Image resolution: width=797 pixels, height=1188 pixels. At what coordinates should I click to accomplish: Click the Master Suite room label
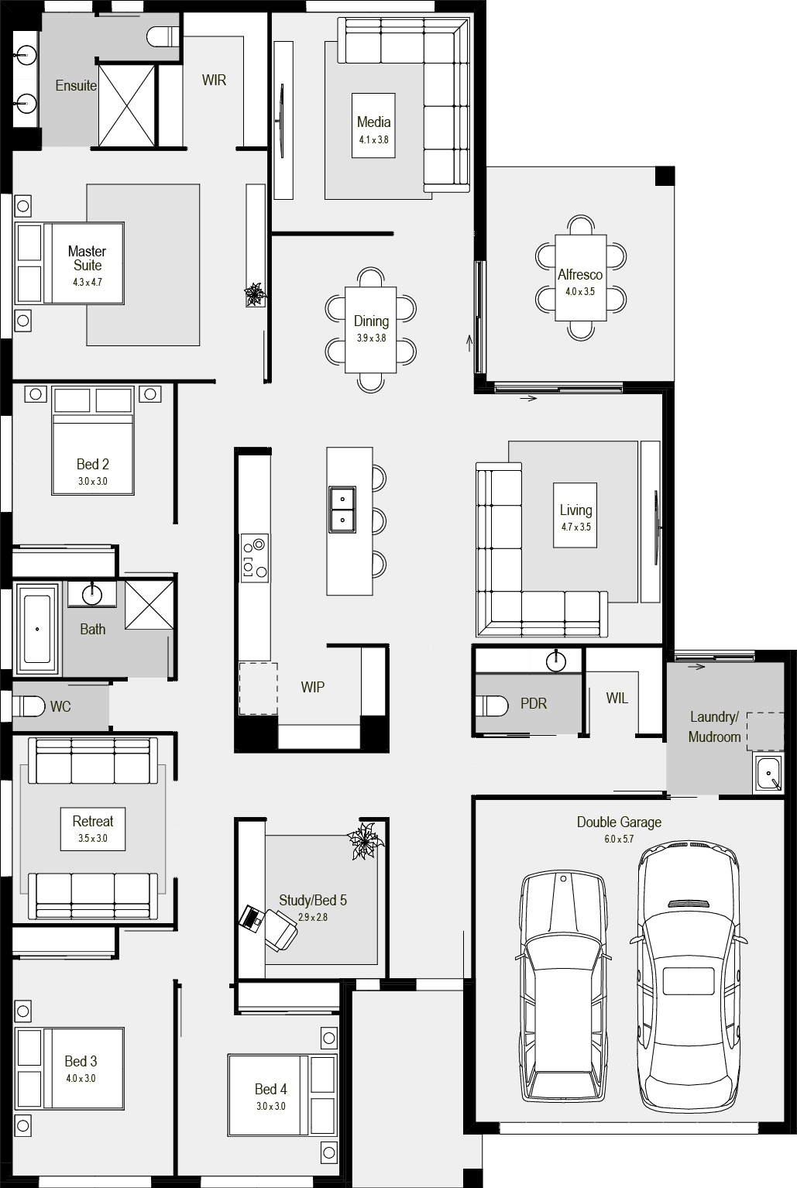(x=88, y=259)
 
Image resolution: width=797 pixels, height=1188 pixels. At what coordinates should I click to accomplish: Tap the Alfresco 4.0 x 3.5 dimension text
(x=580, y=292)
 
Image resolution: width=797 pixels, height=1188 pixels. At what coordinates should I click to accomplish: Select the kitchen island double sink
(x=342, y=509)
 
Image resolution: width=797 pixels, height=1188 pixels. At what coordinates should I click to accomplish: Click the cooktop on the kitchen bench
(x=255, y=558)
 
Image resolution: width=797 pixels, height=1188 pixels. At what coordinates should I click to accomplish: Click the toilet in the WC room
(x=28, y=706)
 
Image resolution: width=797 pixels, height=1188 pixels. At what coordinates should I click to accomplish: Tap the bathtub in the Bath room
(x=37, y=629)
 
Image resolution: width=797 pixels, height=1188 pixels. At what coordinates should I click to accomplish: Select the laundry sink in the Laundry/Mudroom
(x=768, y=774)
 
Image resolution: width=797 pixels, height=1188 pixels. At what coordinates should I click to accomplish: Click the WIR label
(x=215, y=80)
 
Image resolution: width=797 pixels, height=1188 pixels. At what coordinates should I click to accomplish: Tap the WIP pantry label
(x=312, y=688)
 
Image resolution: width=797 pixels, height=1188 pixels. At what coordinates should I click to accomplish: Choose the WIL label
(x=617, y=698)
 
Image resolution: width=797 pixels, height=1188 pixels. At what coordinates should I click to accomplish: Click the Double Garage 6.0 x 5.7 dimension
(x=619, y=839)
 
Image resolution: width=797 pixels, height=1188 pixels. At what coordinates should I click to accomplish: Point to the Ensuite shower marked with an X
(x=127, y=105)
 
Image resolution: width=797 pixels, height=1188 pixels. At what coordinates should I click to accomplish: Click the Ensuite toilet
(x=163, y=36)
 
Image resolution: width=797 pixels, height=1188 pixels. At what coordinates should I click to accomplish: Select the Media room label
(x=374, y=122)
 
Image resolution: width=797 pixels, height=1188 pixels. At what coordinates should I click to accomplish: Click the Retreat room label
(x=93, y=821)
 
